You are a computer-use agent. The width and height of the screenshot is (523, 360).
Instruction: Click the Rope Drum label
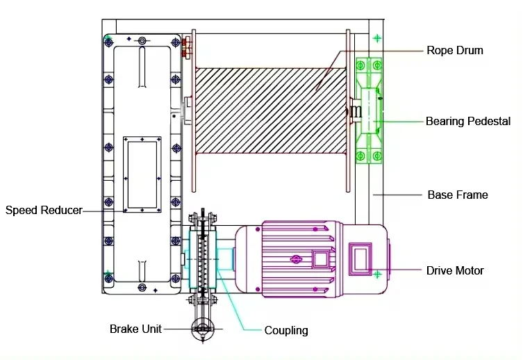point(454,50)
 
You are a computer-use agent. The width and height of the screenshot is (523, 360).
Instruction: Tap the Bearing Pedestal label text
point(467,121)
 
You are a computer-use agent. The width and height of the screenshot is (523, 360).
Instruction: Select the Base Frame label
point(457,195)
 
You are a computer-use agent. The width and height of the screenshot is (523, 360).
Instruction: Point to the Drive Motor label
point(455,270)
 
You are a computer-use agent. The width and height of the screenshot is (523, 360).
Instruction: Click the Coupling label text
point(285,330)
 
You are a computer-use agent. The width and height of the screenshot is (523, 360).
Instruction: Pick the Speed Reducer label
point(44,209)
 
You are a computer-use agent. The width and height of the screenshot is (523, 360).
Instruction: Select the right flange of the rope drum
point(348,111)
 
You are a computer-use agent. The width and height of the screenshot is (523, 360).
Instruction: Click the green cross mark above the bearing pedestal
point(376,38)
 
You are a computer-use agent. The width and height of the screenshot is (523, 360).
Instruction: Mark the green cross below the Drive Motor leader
point(376,275)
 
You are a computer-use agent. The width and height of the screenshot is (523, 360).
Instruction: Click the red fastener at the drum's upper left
point(185,47)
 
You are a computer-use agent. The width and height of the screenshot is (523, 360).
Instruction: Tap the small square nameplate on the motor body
point(320,259)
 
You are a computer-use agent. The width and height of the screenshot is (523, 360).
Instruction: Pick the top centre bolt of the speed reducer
point(142,41)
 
